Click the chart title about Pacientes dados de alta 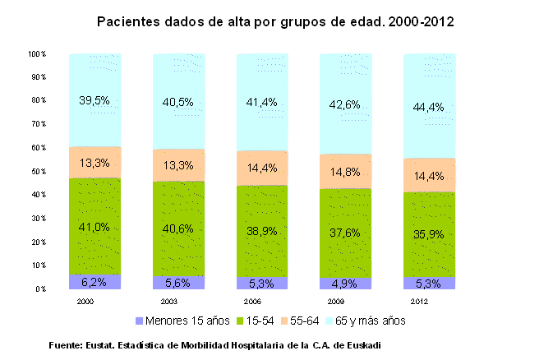coord(275,21)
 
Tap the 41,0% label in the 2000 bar coord(94,227)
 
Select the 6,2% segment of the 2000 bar coord(94,282)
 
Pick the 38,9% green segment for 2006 coord(261,233)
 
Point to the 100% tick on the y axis coord(37,54)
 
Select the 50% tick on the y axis coord(39,172)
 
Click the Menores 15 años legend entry coord(175,320)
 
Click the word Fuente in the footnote coord(67,344)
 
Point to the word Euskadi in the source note coord(362,344)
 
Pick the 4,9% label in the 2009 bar coord(345,284)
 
